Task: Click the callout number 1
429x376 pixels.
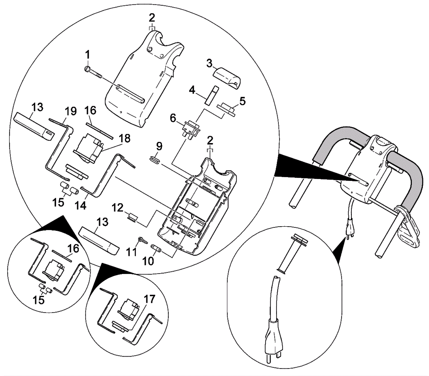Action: click(87, 55)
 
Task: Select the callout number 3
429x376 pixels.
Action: click(209, 64)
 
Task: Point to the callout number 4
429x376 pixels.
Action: click(192, 90)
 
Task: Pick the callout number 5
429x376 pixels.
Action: click(242, 101)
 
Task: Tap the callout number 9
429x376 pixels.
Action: click(159, 146)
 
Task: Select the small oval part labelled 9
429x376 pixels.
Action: click(155, 160)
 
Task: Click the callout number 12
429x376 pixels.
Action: click(117, 208)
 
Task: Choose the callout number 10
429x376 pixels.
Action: click(148, 261)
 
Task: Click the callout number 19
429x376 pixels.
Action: click(71, 111)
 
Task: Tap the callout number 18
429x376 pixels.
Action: click(125, 138)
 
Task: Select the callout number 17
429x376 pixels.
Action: click(150, 299)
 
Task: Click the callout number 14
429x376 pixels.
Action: click(80, 205)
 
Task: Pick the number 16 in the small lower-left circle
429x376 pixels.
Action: click(73, 249)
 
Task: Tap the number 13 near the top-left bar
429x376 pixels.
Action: click(37, 107)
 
